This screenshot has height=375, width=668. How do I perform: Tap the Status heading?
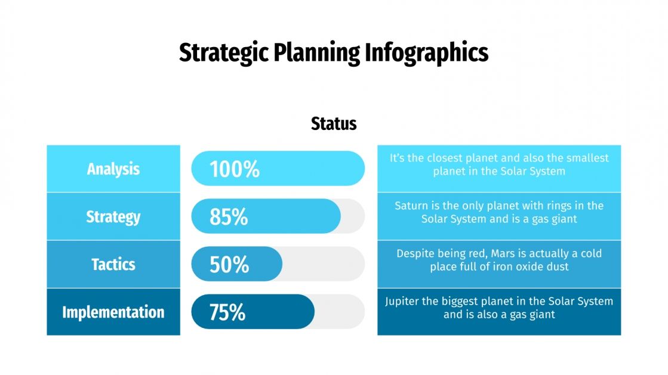334,123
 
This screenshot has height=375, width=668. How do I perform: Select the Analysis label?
113,169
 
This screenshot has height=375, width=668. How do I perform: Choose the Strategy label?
113,216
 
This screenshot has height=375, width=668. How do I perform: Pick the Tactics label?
113,264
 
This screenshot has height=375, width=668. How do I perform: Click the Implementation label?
113,312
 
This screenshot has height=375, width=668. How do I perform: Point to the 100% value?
235,169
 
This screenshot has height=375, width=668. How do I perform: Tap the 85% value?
229,217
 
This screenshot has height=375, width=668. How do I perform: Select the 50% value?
229,265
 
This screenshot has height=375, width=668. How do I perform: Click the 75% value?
227,312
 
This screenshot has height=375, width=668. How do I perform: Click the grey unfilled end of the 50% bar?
325,264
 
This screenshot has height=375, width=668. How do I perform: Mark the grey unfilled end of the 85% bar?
353,216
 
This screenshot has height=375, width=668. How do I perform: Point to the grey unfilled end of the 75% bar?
340,312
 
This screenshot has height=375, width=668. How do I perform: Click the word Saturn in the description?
411,206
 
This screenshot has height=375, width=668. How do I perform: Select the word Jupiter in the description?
402,301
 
